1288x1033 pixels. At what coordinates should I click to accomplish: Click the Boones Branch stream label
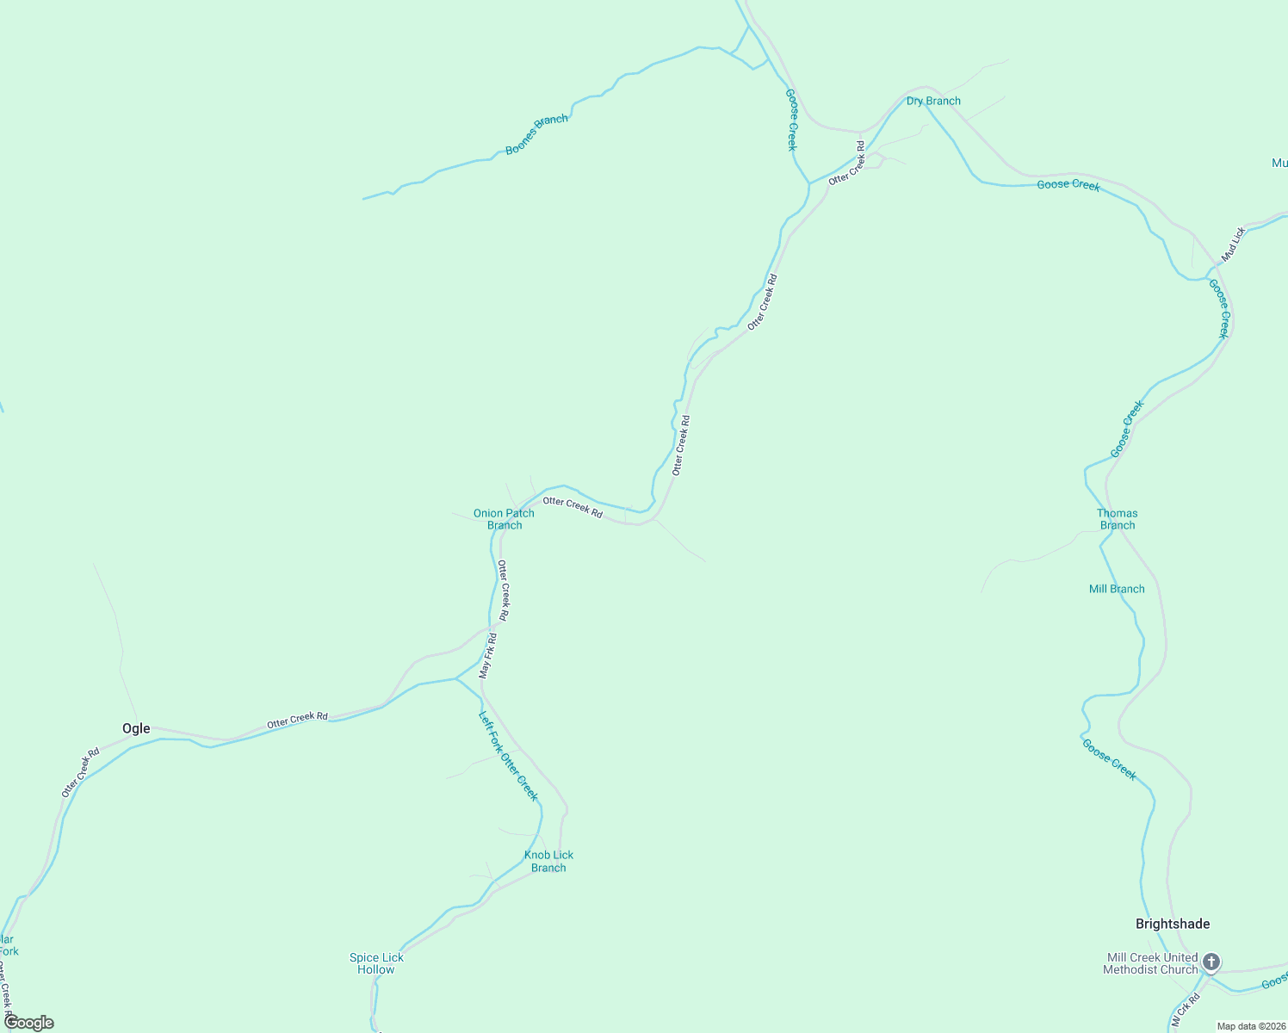tap(536, 134)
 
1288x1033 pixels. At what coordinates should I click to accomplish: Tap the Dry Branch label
tap(933, 101)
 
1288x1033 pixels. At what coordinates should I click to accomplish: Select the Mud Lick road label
tap(1233, 244)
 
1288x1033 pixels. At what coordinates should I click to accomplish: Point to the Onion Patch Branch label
tap(504, 519)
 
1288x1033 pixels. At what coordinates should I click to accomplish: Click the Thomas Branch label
tap(1117, 519)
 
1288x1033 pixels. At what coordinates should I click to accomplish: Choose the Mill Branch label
tap(1117, 589)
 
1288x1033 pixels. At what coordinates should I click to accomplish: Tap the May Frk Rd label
tap(488, 655)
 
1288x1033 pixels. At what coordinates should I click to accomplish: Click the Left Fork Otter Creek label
tap(509, 755)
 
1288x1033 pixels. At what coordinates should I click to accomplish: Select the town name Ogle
tap(136, 728)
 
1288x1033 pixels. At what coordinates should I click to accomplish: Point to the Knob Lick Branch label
tap(548, 861)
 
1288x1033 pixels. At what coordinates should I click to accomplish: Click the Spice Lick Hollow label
tap(376, 963)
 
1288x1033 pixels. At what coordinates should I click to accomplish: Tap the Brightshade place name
tap(1173, 924)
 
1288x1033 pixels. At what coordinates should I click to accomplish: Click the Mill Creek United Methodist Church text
tap(1151, 963)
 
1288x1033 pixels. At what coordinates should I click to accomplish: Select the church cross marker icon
tap(1211, 962)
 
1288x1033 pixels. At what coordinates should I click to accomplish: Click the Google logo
tap(29, 1023)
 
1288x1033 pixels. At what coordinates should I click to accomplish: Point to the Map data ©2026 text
tap(1251, 1026)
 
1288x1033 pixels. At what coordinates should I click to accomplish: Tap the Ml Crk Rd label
tap(1185, 1011)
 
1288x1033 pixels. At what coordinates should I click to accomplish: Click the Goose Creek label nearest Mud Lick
tap(1219, 308)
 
